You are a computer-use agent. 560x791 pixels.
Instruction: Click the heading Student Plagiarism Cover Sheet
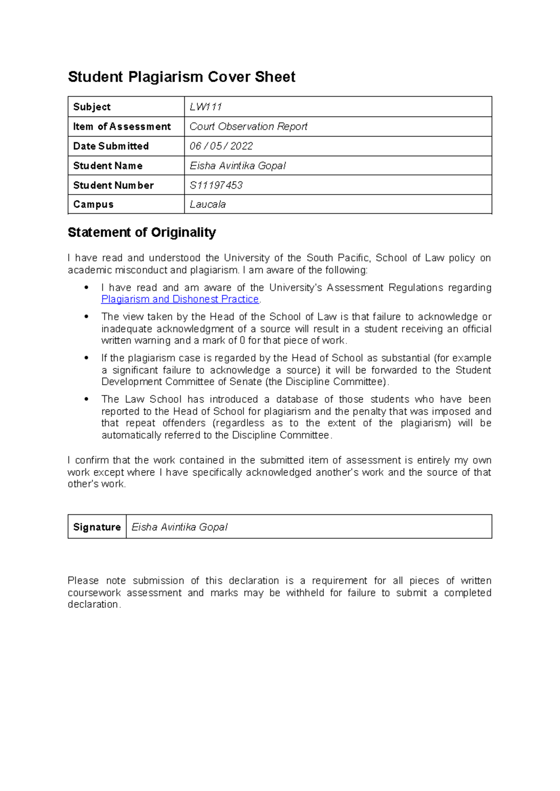pos(182,77)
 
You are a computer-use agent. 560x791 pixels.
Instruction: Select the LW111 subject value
pos(206,107)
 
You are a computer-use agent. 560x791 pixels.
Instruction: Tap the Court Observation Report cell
pos(248,126)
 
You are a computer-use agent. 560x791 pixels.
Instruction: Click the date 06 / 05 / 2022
pos(221,146)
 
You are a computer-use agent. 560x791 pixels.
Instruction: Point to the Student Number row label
pos(113,185)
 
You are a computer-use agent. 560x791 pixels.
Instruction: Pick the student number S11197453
pos(216,185)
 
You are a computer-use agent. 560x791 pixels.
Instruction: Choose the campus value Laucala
pos(208,204)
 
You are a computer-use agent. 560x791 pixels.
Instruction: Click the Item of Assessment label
pos(122,126)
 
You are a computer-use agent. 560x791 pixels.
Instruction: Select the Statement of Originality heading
pos(142,232)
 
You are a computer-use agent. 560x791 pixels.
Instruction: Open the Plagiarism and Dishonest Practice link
pos(180,299)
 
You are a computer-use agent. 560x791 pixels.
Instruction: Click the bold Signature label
pos(97,527)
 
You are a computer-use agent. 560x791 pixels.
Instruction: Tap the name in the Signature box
pos(180,527)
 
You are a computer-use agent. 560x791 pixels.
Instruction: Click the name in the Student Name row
pos(238,166)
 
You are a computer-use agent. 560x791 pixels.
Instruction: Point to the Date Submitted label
pos(111,146)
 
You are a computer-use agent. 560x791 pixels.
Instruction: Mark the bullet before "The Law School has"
pos(86,400)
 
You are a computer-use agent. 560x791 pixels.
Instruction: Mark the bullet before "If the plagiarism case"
pos(86,358)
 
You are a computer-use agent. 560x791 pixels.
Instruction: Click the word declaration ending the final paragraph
pos(93,604)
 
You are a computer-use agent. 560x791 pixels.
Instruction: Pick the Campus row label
pos(93,204)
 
